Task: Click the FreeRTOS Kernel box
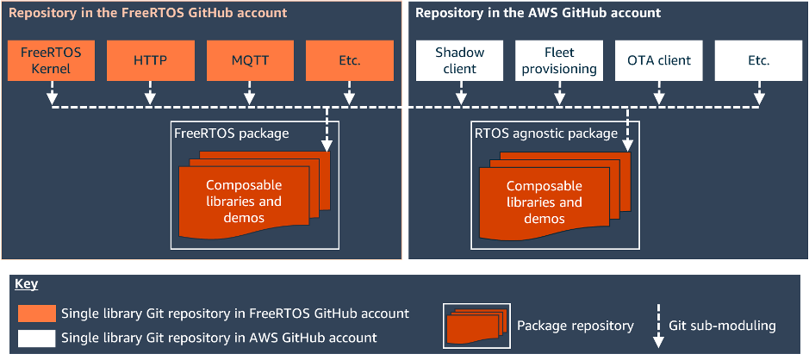point(51,60)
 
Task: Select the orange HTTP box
point(151,60)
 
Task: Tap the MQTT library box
point(250,60)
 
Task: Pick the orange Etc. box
point(349,60)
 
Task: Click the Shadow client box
point(459,60)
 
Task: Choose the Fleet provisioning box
point(559,60)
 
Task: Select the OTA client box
point(659,60)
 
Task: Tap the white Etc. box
point(759,60)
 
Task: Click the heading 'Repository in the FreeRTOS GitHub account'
point(147,14)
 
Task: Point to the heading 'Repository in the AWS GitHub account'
point(538,14)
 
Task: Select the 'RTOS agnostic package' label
point(546,133)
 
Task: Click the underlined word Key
point(27,284)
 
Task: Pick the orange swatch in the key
point(36,313)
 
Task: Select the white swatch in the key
point(36,338)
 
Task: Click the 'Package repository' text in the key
point(575,326)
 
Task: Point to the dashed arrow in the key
point(659,326)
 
